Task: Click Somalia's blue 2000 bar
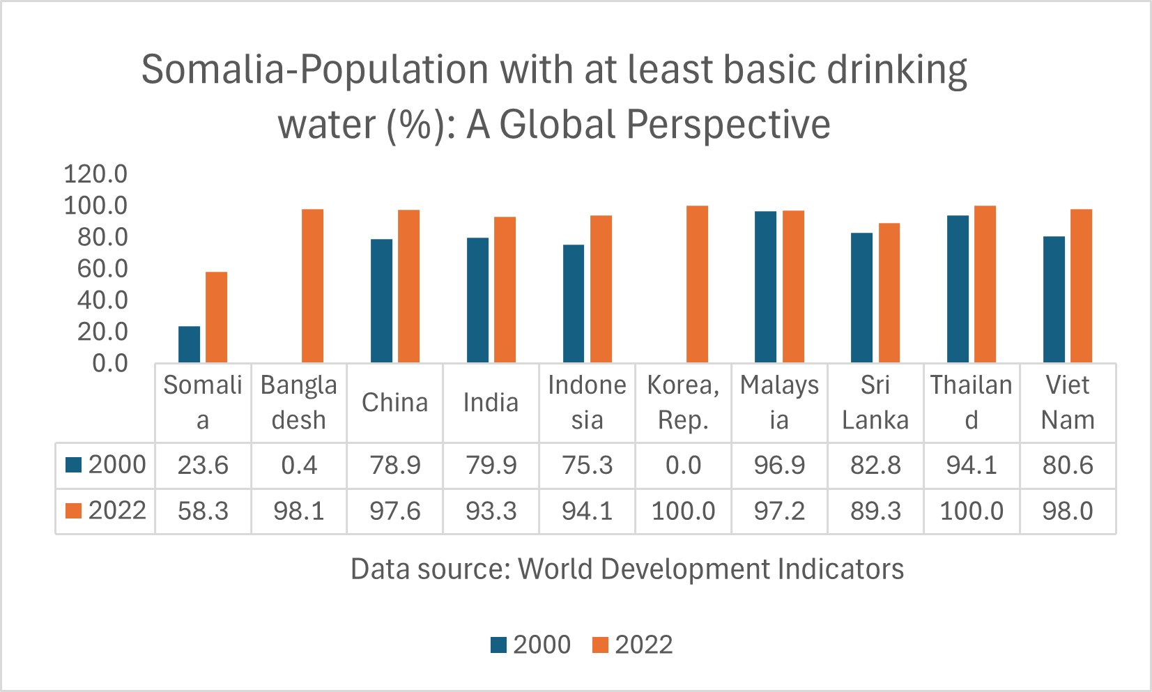click(x=189, y=344)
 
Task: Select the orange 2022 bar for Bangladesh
click(x=312, y=286)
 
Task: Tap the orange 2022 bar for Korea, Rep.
click(x=697, y=284)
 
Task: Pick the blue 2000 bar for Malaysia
click(x=765, y=286)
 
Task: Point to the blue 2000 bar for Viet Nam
click(x=1054, y=299)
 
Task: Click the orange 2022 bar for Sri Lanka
click(x=889, y=293)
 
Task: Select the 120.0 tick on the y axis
click(x=95, y=174)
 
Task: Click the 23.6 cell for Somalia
click(x=203, y=466)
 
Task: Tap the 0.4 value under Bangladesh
click(x=299, y=466)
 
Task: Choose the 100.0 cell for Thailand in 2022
click(x=971, y=512)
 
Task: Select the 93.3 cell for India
click(x=491, y=512)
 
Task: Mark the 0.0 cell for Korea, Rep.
click(x=684, y=466)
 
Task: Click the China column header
click(x=395, y=403)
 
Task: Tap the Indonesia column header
click(x=587, y=403)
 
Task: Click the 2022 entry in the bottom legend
click(x=643, y=645)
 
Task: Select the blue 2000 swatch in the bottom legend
click(x=498, y=645)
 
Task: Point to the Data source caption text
click(x=627, y=569)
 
